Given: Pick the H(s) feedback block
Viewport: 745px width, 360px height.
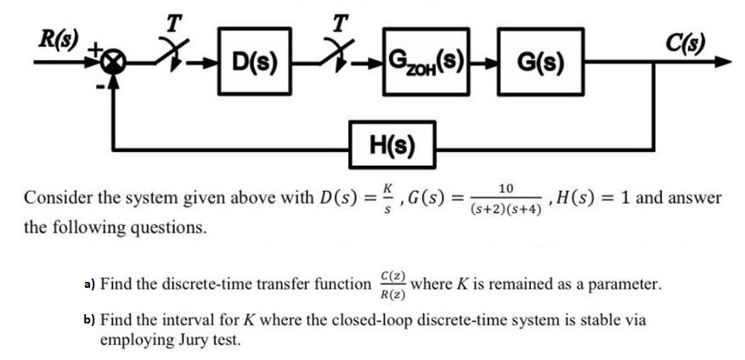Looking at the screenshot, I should (x=392, y=147).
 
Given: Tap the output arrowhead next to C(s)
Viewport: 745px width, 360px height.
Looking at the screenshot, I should (x=721, y=62).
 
